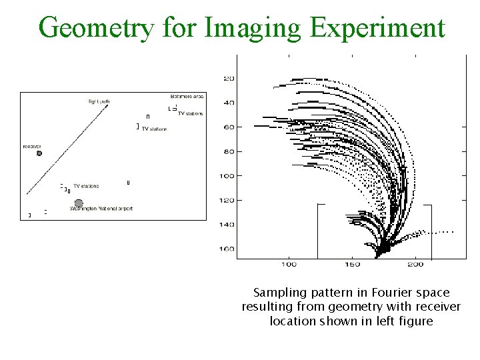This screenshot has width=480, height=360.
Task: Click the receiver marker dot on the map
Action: (x=39, y=153)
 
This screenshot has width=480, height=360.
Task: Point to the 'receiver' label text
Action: (x=32, y=146)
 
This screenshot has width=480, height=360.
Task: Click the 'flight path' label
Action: (x=98, y=101)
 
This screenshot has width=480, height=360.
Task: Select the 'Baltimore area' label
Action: (x=187, y=97)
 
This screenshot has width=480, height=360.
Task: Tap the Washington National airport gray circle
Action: (x=79, y=203)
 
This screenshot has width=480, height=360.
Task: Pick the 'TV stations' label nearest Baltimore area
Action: (x=190, y=113)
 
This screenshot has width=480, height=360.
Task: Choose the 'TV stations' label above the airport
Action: (x=86, y=186)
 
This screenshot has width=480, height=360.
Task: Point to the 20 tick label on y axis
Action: (x=229, y=79)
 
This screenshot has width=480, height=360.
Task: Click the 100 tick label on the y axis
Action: (x=227, y=176)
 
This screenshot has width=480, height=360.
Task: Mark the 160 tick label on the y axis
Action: (x=227, y=249)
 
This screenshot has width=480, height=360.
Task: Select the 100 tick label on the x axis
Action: (x=288, y=265)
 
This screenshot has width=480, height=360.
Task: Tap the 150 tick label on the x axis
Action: (x=352, y=265)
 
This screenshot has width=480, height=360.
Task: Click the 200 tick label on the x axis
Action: (x=415, y=265)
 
